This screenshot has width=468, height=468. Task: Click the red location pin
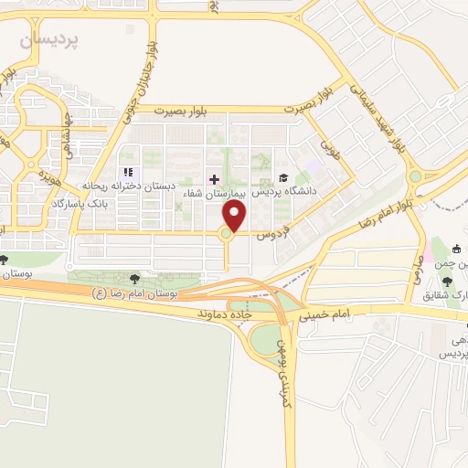click(x=236, y=216)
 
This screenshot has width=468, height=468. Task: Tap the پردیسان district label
click(x=51, y=39)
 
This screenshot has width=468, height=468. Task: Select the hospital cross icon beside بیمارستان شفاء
click(x=215, y=178)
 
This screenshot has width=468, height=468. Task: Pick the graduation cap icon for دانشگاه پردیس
click(x=283, y=178)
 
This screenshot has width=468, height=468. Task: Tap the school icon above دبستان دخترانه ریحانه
click(x=128, y=172)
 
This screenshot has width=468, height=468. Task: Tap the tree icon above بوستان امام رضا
click(x=135, y=277)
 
